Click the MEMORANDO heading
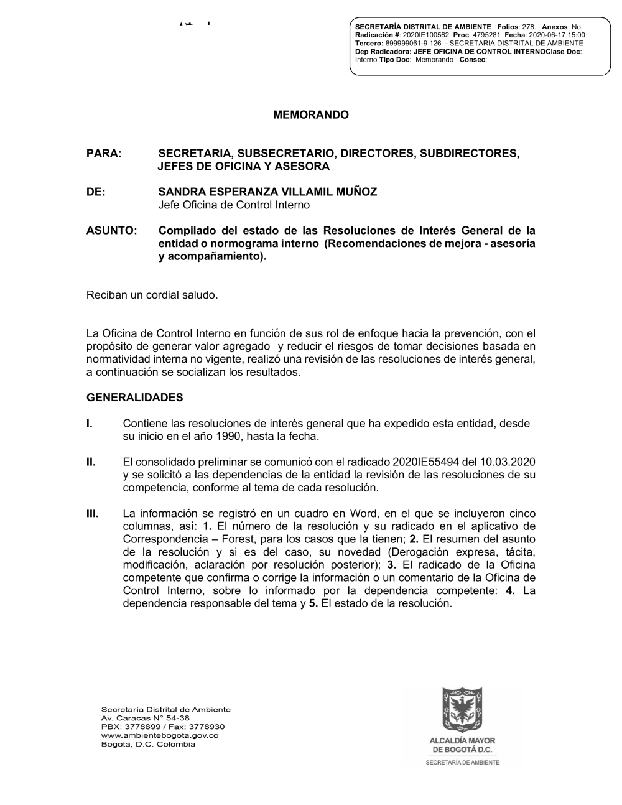(x=311, y=115)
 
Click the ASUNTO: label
(x=111, y=230)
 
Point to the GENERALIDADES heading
(x=134, y=397)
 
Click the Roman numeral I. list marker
(x=90, y=424)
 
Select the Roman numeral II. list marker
(x=91, y=462)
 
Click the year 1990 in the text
(x=230, y=436)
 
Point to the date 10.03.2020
(x=512, y=462)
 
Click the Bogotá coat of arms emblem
(x=462, y=709)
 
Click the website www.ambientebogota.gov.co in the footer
(x=159, y=735)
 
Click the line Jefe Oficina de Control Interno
(x=234, y=205)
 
